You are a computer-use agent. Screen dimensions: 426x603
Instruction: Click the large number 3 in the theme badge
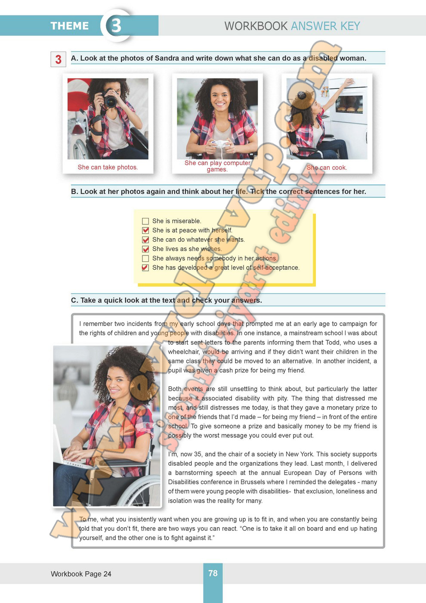[x=116, y=25]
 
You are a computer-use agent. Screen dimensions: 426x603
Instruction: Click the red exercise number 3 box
[x=59, y=59]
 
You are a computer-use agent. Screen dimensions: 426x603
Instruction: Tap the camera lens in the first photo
[x=110, y=102]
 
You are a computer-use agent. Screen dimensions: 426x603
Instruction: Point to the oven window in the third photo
[x=349, y=105]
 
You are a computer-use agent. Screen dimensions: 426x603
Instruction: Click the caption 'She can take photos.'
[x=108, y=167]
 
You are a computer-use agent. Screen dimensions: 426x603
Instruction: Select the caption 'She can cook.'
[x=327, y=168]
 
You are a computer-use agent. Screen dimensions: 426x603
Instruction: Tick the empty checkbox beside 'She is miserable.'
[x=145, y=221]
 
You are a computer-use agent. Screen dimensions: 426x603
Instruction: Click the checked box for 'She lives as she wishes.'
[x=145, y=249]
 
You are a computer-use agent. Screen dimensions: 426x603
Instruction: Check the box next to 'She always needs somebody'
[x=145, y=258]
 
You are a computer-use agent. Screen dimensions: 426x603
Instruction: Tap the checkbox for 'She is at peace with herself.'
[x=145, y=230]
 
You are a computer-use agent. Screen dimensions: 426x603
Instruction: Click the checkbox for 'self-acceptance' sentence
[x=145, y=267]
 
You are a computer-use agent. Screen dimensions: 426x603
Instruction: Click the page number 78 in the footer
[x=213, y=573]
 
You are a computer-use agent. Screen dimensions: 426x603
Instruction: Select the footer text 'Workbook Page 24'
[x=81, y=574]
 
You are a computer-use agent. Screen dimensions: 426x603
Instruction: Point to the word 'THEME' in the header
[x=69, y=26]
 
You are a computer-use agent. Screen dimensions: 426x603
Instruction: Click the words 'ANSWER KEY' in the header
[x=325, y=26]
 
